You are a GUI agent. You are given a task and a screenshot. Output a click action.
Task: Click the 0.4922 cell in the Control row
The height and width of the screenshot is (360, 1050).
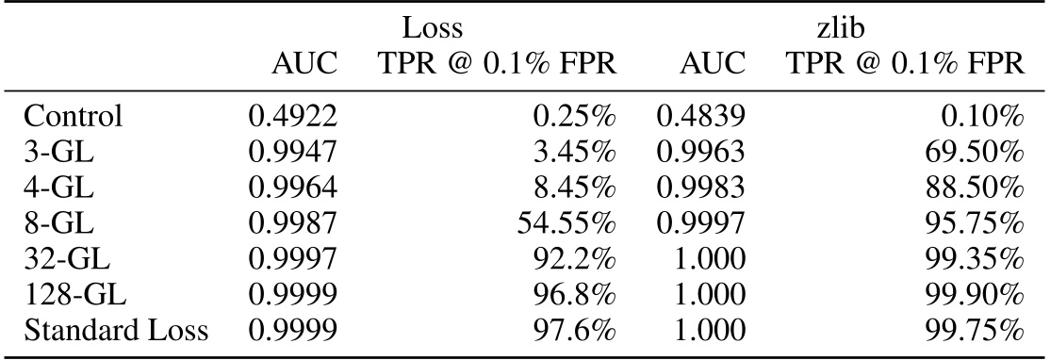tap(292, 118)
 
